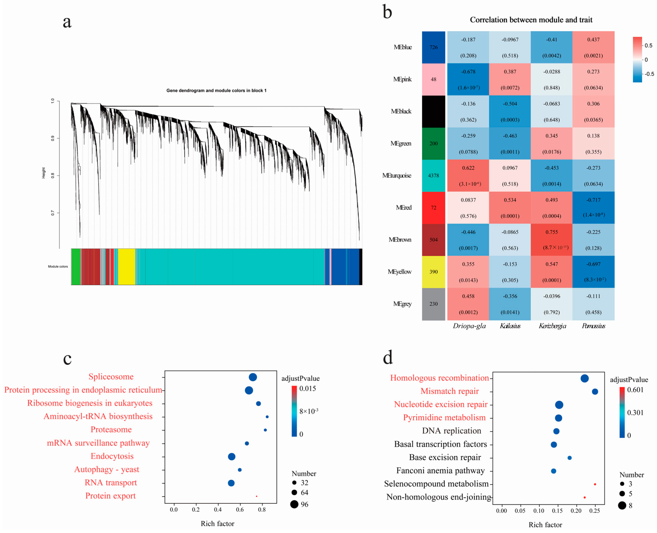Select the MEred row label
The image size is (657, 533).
(x=403, y=208)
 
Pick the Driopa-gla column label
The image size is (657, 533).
(x=469, y=326)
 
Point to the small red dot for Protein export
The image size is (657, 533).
(x=256, y=496)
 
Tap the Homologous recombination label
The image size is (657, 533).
(x=439, y=378)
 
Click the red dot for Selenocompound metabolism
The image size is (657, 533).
(x=595, y=484)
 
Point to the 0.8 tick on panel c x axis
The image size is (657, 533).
(x=262, y=510)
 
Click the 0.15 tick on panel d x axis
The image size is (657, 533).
(x=557, y=511)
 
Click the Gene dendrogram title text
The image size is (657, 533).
(x=216, y=91)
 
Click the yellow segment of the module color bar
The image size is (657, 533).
(x=127, y=266)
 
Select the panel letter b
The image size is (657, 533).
(x=387, y=12)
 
